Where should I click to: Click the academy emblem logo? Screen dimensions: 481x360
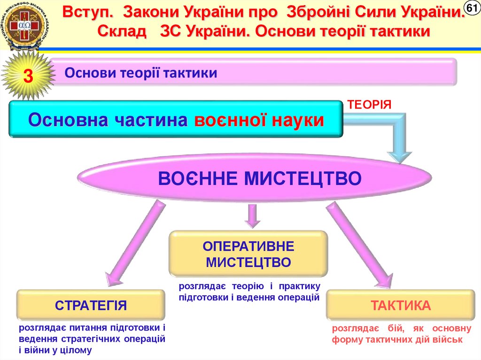[21, 26]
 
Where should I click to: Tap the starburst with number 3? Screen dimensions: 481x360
[28, 77]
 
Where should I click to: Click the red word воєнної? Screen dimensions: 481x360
[222, 120]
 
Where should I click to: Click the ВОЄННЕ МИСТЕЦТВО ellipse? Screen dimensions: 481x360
[254, 179]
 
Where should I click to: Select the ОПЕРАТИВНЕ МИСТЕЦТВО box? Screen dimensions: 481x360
[248, 254]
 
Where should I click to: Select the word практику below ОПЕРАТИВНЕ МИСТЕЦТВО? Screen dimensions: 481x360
[299, 286]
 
